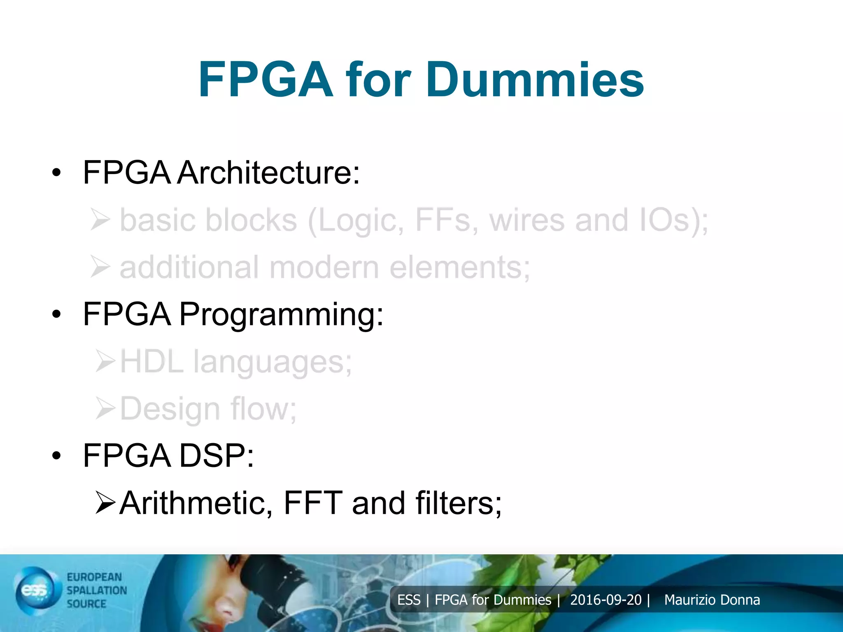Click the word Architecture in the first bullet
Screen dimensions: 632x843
[269, 172]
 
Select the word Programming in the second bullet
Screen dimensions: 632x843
[281, 314]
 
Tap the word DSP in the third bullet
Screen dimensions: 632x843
[217, 456]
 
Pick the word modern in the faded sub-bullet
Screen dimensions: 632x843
[324, 267]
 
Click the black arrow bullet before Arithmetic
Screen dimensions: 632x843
[105, 503]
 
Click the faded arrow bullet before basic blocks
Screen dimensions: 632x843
[100, 220]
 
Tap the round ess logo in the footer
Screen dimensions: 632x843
[36, 590]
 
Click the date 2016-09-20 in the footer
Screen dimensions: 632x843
[605, 600]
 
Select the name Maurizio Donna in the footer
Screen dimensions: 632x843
[712, 600]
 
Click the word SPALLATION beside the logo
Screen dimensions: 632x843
[97, 590]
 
